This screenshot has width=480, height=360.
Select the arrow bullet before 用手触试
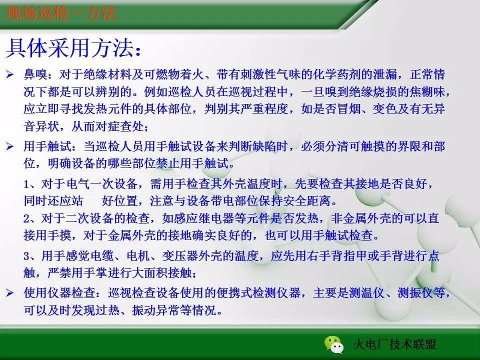pyautogui.click(x=10, y=147)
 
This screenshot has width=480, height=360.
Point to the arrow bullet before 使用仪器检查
pyautogui.click(x=10, y=293)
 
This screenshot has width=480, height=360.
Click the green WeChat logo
pyautogui.click(x=333, y=344)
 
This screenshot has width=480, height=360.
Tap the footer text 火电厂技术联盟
pyautogui.click(x=394, y=344)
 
